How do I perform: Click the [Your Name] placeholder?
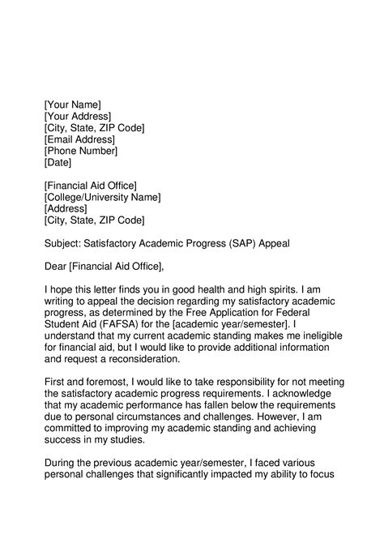pos(72,105)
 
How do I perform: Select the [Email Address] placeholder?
pos(79,139)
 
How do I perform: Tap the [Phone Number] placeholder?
pos(81,151)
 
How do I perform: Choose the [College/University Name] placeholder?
pos(102,197)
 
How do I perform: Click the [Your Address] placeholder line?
pos(77,116)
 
